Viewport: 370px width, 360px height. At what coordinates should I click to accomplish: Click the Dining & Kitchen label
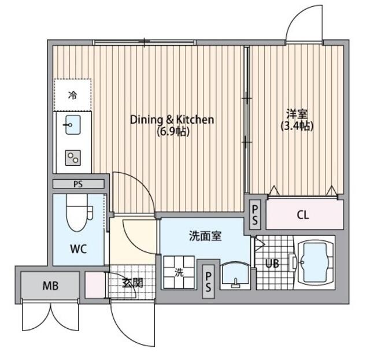[172, 120]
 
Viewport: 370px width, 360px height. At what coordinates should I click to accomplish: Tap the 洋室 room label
[297, 114]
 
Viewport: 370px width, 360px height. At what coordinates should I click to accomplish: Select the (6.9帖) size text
[173, 132]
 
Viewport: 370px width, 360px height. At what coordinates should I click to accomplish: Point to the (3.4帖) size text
[297, 126]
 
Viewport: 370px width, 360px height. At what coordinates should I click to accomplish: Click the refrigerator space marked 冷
[72, 95]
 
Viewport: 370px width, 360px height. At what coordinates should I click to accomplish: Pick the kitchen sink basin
[73, 125]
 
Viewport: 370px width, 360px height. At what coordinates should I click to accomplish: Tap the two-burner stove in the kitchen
[73, 158]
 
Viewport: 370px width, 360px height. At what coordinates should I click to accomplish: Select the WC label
[79, 249]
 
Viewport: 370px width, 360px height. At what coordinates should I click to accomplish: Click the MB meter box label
[50, 286]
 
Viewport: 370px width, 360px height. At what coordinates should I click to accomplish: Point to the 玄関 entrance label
[132, 283]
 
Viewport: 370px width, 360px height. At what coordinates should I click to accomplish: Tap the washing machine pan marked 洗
[179, 272]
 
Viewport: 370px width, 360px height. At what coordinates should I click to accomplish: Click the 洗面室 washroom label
[205, 236]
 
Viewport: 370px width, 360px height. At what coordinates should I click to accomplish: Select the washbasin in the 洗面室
[235, 275]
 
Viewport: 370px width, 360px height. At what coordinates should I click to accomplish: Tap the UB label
[272, 263]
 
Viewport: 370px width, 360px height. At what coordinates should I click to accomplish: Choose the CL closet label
[303, 215]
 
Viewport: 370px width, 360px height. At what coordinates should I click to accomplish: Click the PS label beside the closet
[255, 215]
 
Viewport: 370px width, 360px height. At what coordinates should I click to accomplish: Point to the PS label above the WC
[78, 184]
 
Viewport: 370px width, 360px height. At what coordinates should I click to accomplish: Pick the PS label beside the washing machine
[208, 281]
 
